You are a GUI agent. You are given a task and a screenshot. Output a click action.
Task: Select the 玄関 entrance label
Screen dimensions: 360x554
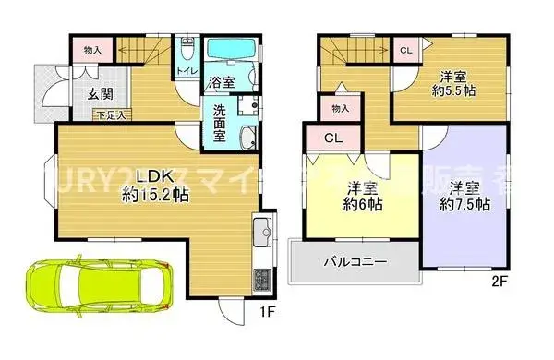[100, 93]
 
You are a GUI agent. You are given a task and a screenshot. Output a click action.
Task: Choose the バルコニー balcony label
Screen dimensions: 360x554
[355, 262]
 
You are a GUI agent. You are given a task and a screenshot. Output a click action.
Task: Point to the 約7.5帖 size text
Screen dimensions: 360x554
[459, 205]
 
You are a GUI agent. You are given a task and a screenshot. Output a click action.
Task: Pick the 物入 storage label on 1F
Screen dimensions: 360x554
[91, 48]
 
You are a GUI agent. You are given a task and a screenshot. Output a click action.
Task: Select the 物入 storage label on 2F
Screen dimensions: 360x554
[339, 109]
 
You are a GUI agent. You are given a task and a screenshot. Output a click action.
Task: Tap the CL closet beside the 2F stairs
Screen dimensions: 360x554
[405, 50]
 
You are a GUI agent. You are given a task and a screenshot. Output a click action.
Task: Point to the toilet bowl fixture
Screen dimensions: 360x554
[187, 45]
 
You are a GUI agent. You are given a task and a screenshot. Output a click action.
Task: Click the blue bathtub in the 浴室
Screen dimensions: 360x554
[225, 50]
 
